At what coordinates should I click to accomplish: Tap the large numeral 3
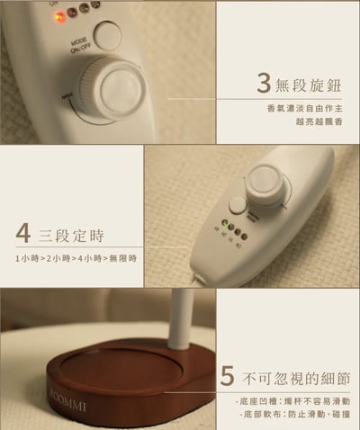(x=263, y=84)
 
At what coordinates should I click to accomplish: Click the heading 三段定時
(x=72, y=237)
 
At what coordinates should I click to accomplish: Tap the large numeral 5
(x=228, y=372)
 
